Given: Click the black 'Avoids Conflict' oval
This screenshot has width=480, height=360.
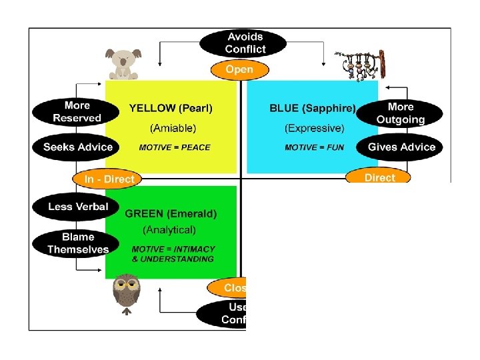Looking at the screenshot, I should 245,43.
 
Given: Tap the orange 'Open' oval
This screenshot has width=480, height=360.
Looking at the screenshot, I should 239,69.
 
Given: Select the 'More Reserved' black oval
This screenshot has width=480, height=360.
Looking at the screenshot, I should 77,112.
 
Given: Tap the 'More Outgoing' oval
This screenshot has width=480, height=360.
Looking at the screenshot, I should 400,113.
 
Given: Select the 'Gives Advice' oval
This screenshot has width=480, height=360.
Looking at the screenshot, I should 401,147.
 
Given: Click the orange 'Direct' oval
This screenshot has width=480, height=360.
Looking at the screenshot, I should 379,177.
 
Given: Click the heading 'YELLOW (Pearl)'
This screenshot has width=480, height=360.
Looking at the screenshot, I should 171,108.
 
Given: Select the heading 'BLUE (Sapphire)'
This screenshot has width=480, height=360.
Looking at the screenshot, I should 313,108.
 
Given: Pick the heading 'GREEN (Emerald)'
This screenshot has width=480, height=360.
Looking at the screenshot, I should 171,214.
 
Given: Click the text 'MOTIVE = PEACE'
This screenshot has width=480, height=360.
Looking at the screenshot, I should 174,147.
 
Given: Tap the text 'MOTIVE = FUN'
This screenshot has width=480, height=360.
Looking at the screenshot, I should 314,147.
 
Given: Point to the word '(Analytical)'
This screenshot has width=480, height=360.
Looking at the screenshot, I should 169,230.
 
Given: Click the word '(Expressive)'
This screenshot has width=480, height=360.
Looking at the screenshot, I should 314,127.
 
